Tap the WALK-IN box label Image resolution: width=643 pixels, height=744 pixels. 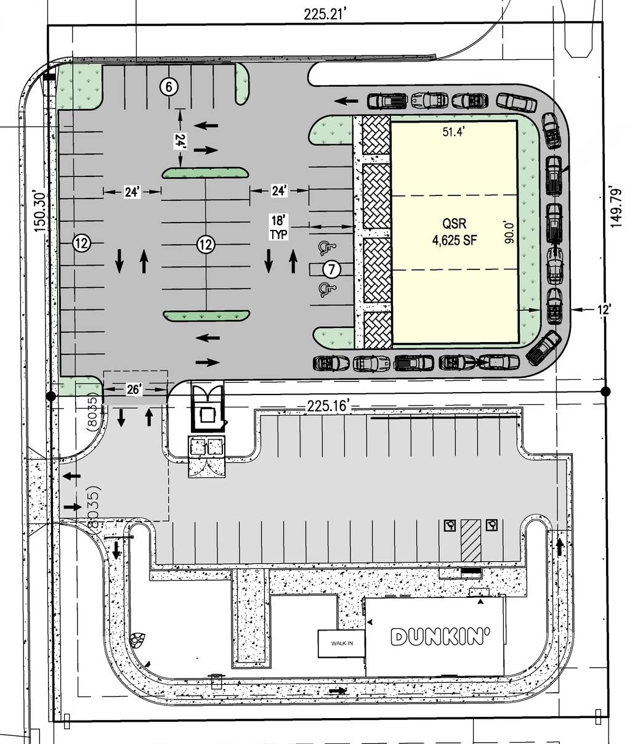[342, 644]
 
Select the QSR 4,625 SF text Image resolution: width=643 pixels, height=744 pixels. [455, 232]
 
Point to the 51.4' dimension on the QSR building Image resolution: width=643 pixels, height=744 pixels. [454, 132]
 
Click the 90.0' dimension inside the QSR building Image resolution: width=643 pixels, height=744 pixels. [509, 232]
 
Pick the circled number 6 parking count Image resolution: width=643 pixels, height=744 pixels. [169, 87]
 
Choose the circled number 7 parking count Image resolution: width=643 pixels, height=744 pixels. [331, 269]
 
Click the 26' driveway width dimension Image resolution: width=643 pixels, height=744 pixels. [134, 389]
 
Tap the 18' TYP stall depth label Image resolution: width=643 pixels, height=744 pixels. [279, 227]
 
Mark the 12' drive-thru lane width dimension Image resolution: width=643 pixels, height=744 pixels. [604, 309]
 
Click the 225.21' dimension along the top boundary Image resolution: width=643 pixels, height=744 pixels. [325, 14]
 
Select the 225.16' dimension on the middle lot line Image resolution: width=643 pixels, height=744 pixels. [328, 406]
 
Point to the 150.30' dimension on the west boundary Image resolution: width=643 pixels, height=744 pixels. [40, 212]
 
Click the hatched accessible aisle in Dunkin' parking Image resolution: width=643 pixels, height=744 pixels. [471, 540]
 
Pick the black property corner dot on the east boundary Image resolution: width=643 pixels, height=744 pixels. [605, 391]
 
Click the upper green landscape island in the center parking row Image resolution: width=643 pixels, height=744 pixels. [205, 173]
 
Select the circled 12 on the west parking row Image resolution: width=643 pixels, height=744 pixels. [82, 243]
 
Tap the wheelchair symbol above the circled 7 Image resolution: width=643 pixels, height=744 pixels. [326, 248]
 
